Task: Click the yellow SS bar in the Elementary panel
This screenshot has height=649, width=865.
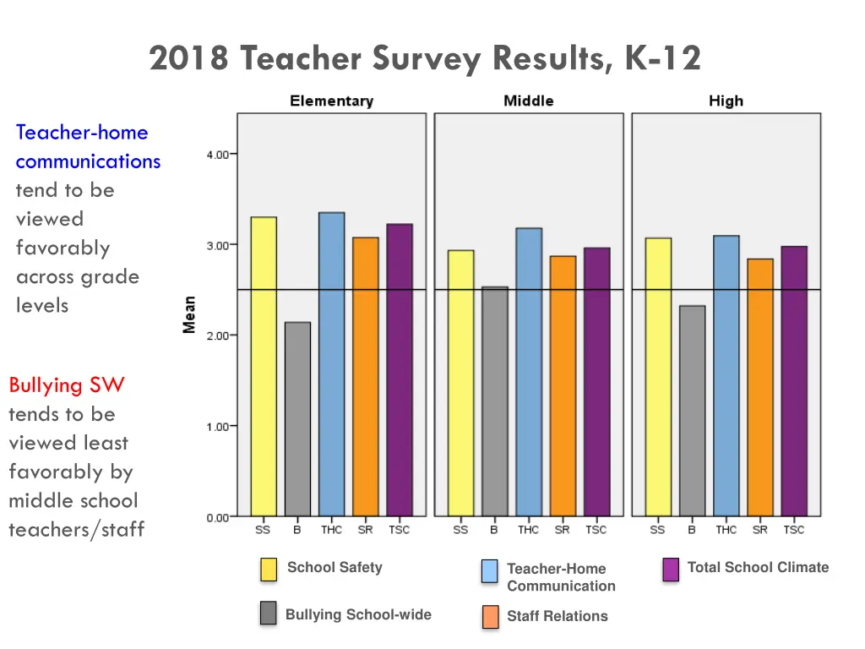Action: tap(264, 367)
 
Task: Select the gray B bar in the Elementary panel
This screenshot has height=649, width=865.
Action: tap(297, 419)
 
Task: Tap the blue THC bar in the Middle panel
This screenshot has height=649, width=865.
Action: tap(529, 372)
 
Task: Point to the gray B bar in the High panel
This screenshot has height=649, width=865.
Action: tap(692, 411)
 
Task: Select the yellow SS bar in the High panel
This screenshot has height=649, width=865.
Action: tap(658, 377)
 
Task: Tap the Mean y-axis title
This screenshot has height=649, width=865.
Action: tap(190, 314)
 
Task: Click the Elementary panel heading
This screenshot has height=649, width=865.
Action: tap(331, 101)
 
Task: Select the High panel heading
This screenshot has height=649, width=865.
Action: tap(726, 101)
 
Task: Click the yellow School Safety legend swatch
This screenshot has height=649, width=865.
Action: tap(269, 570)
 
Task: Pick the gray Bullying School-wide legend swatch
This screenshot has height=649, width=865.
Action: tap(269, 614)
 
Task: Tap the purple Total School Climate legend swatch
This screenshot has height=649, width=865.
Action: tap(672, 570)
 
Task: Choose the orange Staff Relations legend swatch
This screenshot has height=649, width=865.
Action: tap(490, 617)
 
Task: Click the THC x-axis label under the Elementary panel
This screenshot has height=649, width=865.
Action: tap(331, 530)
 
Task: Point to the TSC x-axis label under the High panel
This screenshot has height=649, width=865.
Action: tap(793, 530)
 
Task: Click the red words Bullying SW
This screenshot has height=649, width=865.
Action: tap(67, 385)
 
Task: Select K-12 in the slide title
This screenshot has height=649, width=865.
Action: tap(662, 59)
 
